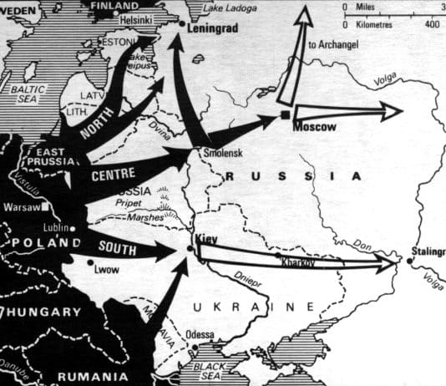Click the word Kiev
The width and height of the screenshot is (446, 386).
(206, 238)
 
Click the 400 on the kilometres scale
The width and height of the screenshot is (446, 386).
(432, 24)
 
